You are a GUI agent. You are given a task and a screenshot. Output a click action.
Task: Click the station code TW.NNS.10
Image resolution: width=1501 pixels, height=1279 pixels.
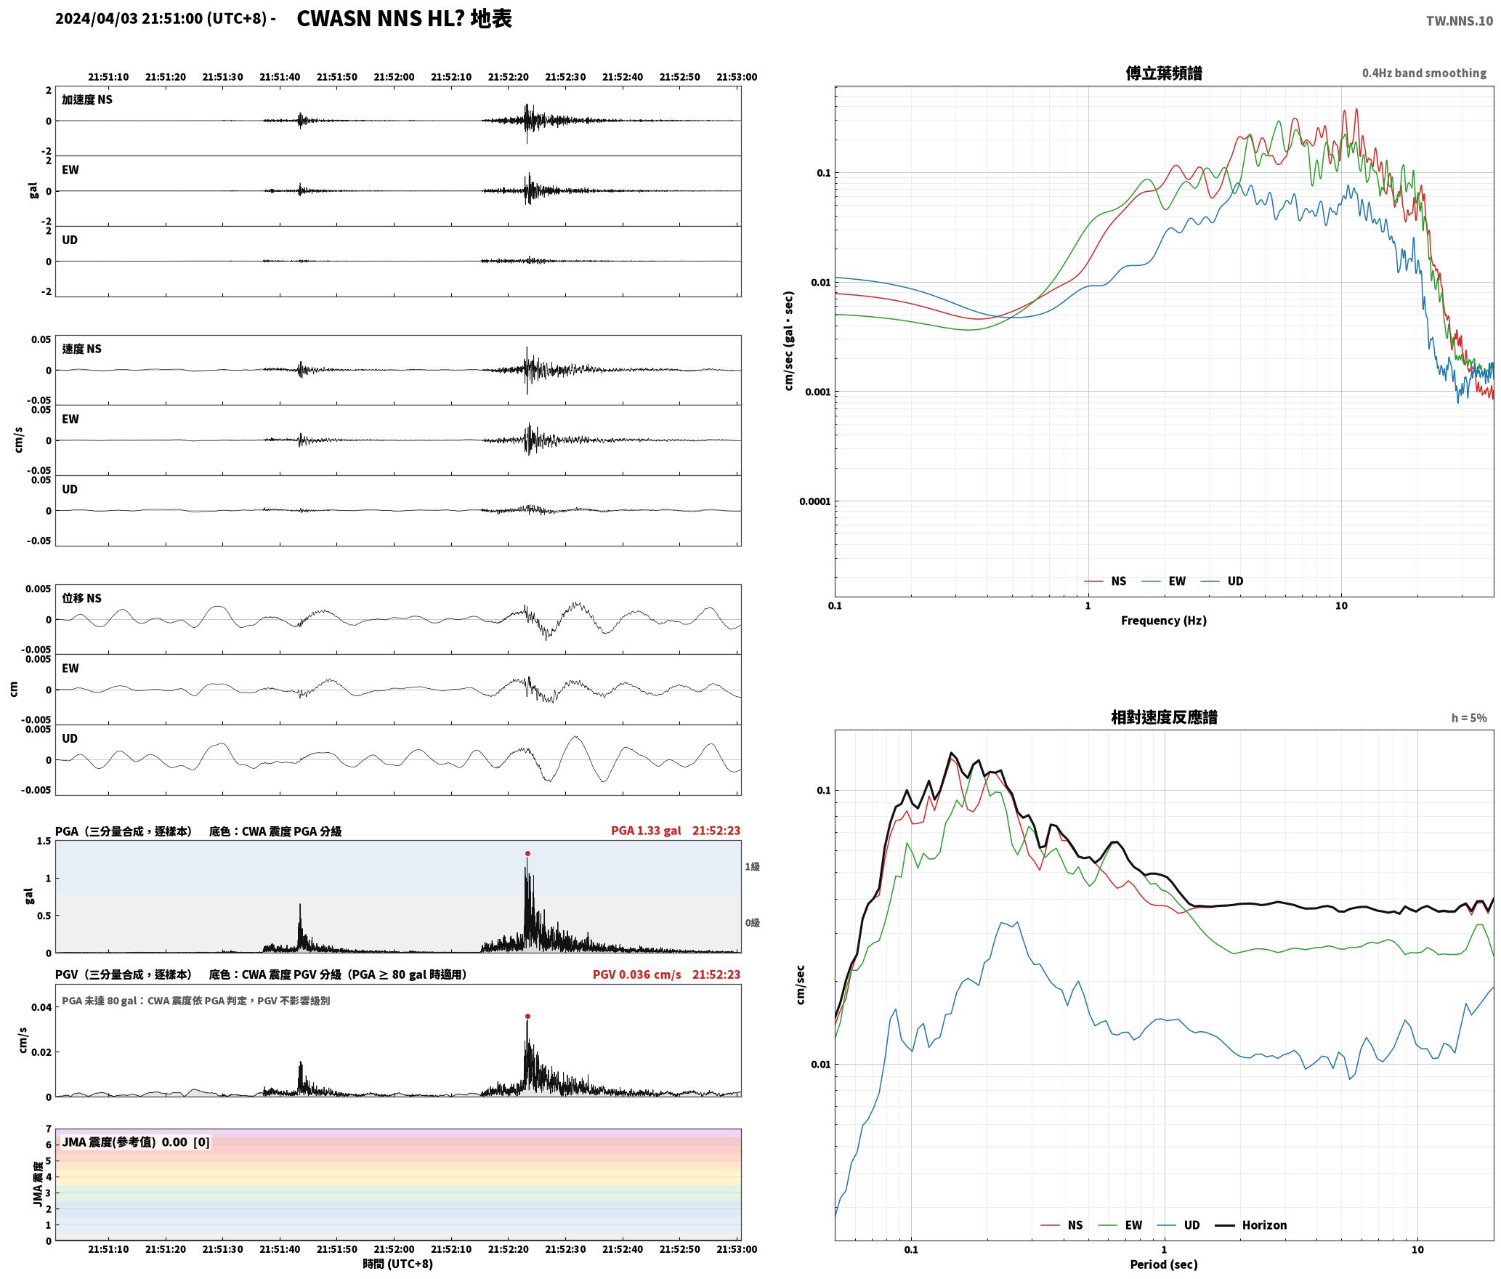(1459, 21)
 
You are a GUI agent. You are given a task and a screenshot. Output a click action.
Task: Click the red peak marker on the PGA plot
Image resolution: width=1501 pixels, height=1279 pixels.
(527, 853)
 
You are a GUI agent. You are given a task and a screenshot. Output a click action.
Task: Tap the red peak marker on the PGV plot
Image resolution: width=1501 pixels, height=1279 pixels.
(527, 1016)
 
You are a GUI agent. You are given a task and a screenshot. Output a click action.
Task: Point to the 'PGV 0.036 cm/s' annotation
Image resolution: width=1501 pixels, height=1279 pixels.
(637, 975)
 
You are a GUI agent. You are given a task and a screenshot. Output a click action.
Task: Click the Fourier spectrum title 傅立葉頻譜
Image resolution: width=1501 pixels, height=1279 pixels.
(1164, 73)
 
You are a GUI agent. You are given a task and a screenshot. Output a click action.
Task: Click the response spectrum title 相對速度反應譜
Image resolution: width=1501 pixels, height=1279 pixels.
(1164, 717)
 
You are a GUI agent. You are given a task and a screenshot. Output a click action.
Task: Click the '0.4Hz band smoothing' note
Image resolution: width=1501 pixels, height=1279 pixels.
(1424, 73)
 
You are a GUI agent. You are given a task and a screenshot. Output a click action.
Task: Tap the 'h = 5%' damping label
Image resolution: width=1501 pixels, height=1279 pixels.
(1469, 718)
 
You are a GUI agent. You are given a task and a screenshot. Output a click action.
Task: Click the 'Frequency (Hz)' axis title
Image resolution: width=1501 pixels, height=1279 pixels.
(1164, 621)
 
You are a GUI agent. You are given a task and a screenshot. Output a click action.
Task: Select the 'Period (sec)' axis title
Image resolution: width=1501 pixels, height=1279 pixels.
(1164, 1264)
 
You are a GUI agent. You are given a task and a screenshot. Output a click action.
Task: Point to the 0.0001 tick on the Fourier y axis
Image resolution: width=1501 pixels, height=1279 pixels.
(815, 501)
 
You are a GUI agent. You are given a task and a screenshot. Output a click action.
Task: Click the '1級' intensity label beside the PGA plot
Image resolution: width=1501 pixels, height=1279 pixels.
(752, 866)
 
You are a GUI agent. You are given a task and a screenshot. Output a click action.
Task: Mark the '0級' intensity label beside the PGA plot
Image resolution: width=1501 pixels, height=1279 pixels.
(752, 923)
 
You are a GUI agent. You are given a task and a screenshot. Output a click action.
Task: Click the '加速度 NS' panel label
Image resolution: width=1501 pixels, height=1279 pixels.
(87, 100)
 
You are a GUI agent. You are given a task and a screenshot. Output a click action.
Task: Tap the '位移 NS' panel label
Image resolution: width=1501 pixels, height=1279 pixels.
(82, 598)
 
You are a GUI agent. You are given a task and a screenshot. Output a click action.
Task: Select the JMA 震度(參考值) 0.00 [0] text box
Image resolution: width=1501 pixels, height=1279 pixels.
(136, 1142)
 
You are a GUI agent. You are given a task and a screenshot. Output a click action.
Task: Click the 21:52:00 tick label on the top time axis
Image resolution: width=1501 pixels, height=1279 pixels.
(395, 77)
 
